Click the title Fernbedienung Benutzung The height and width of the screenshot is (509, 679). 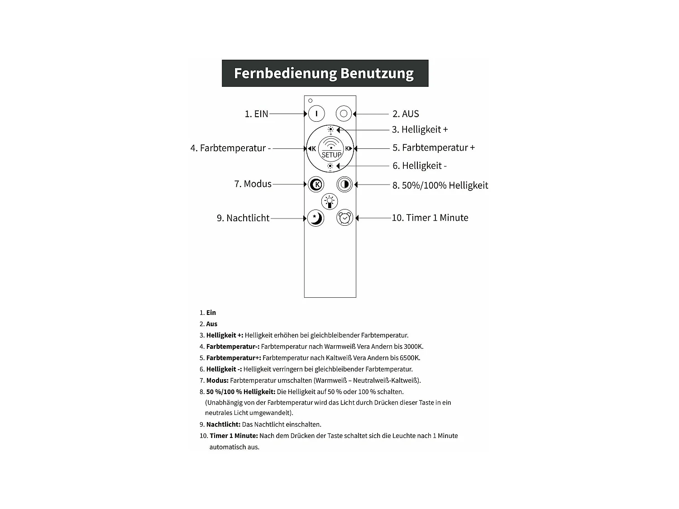pyautogui.click(x=324, y=73)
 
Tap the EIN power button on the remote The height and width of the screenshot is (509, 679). pyautogui.click(x=316, y=114)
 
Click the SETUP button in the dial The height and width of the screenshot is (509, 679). pyautogui.click(x=331, y=149)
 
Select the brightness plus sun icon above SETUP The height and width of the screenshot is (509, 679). pyautogui.click(x=331, y=130)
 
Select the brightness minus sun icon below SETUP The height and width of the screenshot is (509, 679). pyautogui.click(x=330, y=166)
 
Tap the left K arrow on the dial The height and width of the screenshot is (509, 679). pyautogui.click(x=312, y=148)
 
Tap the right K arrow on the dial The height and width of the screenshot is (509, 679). pyautogui.click(x=349, y=148)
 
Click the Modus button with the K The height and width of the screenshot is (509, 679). pyautogui.click(x=316, y=184)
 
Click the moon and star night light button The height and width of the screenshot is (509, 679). pyautogui.click(x=316, y=218)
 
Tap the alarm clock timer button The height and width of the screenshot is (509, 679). pyautogui.click(x=344, y=218)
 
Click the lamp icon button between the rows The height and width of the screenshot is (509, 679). pyautogui.click(x=330, y=201)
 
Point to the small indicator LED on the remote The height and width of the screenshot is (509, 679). pyautogui.click(x=310, y=100)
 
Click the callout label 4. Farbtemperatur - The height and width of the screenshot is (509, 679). pyautogui.click(x=230, y=148)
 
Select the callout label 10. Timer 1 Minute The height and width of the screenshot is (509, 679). pyautogui.click(x=430, y=218)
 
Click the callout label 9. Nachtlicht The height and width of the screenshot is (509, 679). pyautogui.click(x=243, y=218)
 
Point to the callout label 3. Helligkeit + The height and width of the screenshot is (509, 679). pyautogui.click(x=420, y=129)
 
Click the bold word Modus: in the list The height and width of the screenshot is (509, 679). pyautogui.click(x=217, y=381)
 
